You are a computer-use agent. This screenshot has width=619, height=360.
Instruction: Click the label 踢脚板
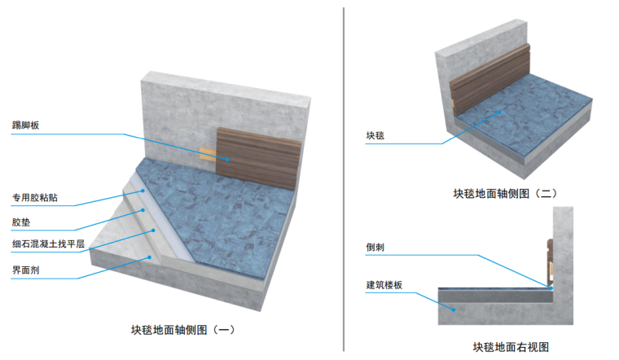[x=26, y=125]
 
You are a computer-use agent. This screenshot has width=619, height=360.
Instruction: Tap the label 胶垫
[x=21, y=220]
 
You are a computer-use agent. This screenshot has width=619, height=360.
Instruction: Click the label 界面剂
[x=26, y=266]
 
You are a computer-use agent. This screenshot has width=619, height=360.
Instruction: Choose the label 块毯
[x=375, y=137]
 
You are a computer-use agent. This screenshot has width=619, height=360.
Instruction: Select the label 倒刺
[x=375, y=245]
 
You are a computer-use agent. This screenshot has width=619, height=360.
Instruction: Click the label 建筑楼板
[x=384, y=285]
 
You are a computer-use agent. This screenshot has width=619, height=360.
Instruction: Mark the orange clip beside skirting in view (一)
[x=208, y=154]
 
